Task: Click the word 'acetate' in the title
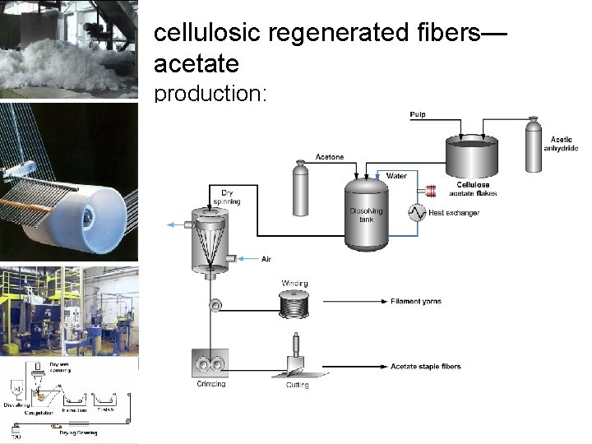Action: pos(197,63)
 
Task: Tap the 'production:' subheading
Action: pos(210,93)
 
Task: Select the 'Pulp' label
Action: pos(418,114)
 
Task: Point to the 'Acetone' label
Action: pos(330,157)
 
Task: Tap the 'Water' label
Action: pos(395,176)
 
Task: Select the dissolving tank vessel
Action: pos(366,215)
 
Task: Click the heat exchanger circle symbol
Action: pos(416,213)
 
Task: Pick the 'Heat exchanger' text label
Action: pos(454,213)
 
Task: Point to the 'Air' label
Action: pos(266,259)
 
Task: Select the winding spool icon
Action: pos(294,306)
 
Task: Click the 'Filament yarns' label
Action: pos(415,302)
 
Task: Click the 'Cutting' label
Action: pos(297,385)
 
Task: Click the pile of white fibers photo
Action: pos(69,49)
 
